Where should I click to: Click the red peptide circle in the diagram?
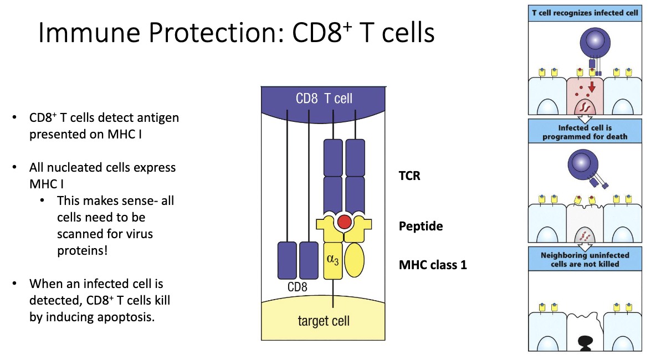pos(344,222)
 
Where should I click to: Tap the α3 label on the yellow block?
pos(332,259)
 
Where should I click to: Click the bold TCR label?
pos(410,176)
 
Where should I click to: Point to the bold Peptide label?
pos(421,227)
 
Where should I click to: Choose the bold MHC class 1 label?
pos(433,265)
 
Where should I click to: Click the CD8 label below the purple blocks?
pos(297,287)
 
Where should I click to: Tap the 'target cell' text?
pos(323,321)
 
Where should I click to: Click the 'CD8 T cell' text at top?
pos(324,99)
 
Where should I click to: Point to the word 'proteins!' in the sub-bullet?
pos(82,250)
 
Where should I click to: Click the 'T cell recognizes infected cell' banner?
pos(585,13)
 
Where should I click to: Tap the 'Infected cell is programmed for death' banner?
pos(585,132)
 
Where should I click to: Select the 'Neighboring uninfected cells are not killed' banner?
pos(585,259)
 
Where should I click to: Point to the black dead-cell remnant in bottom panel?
pos(585,342)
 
